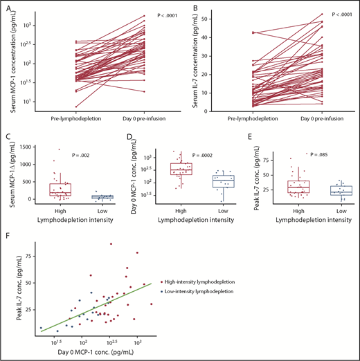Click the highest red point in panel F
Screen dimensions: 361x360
[111, 243]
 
